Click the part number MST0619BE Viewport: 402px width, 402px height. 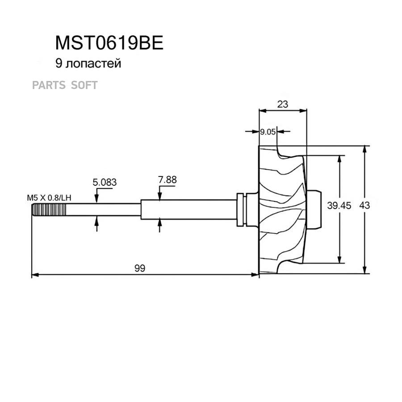(x=109, y=43)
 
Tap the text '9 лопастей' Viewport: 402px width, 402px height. (x=88, y=64)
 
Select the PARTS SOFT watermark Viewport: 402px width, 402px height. (x=65, y=85)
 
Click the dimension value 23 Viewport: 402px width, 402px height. (x=283, y=104)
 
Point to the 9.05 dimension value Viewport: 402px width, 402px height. (x=268, y=132)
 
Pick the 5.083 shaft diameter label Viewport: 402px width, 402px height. (x=105, y=182)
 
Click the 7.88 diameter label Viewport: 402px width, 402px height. (x=167, y=180)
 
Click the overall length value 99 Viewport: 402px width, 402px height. (x=140, y=268)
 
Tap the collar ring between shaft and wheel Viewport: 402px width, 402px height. (x=242, y=209)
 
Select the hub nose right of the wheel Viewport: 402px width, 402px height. (x=315, y=209)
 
